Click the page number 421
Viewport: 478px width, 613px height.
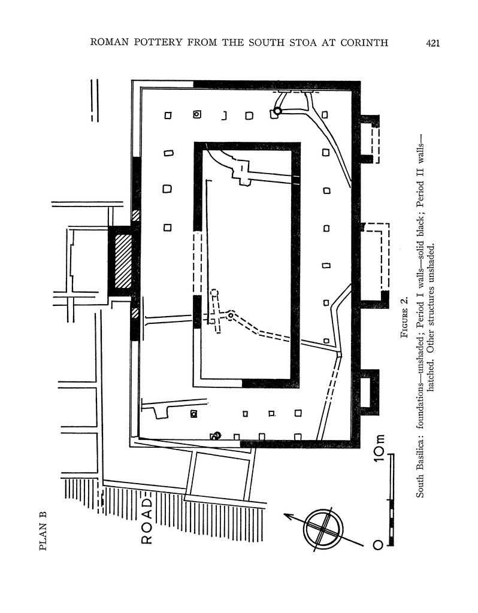(x=432, y=43)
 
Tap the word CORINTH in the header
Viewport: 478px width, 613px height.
(x=364, y=43)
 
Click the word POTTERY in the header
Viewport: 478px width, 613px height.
(x=158, y=43)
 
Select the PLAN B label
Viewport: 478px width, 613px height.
(x=43, y=531)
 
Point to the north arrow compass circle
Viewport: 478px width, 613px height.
(x=323, y=530)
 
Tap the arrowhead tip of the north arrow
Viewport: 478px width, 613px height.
(x=283, y=514)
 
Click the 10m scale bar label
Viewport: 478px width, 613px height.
(x=379, y=448)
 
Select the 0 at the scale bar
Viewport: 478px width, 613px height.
(x=378, y=545)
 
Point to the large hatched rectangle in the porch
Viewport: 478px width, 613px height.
(x=123, y=261)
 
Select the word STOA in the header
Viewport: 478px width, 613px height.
(x=305, y=43)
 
